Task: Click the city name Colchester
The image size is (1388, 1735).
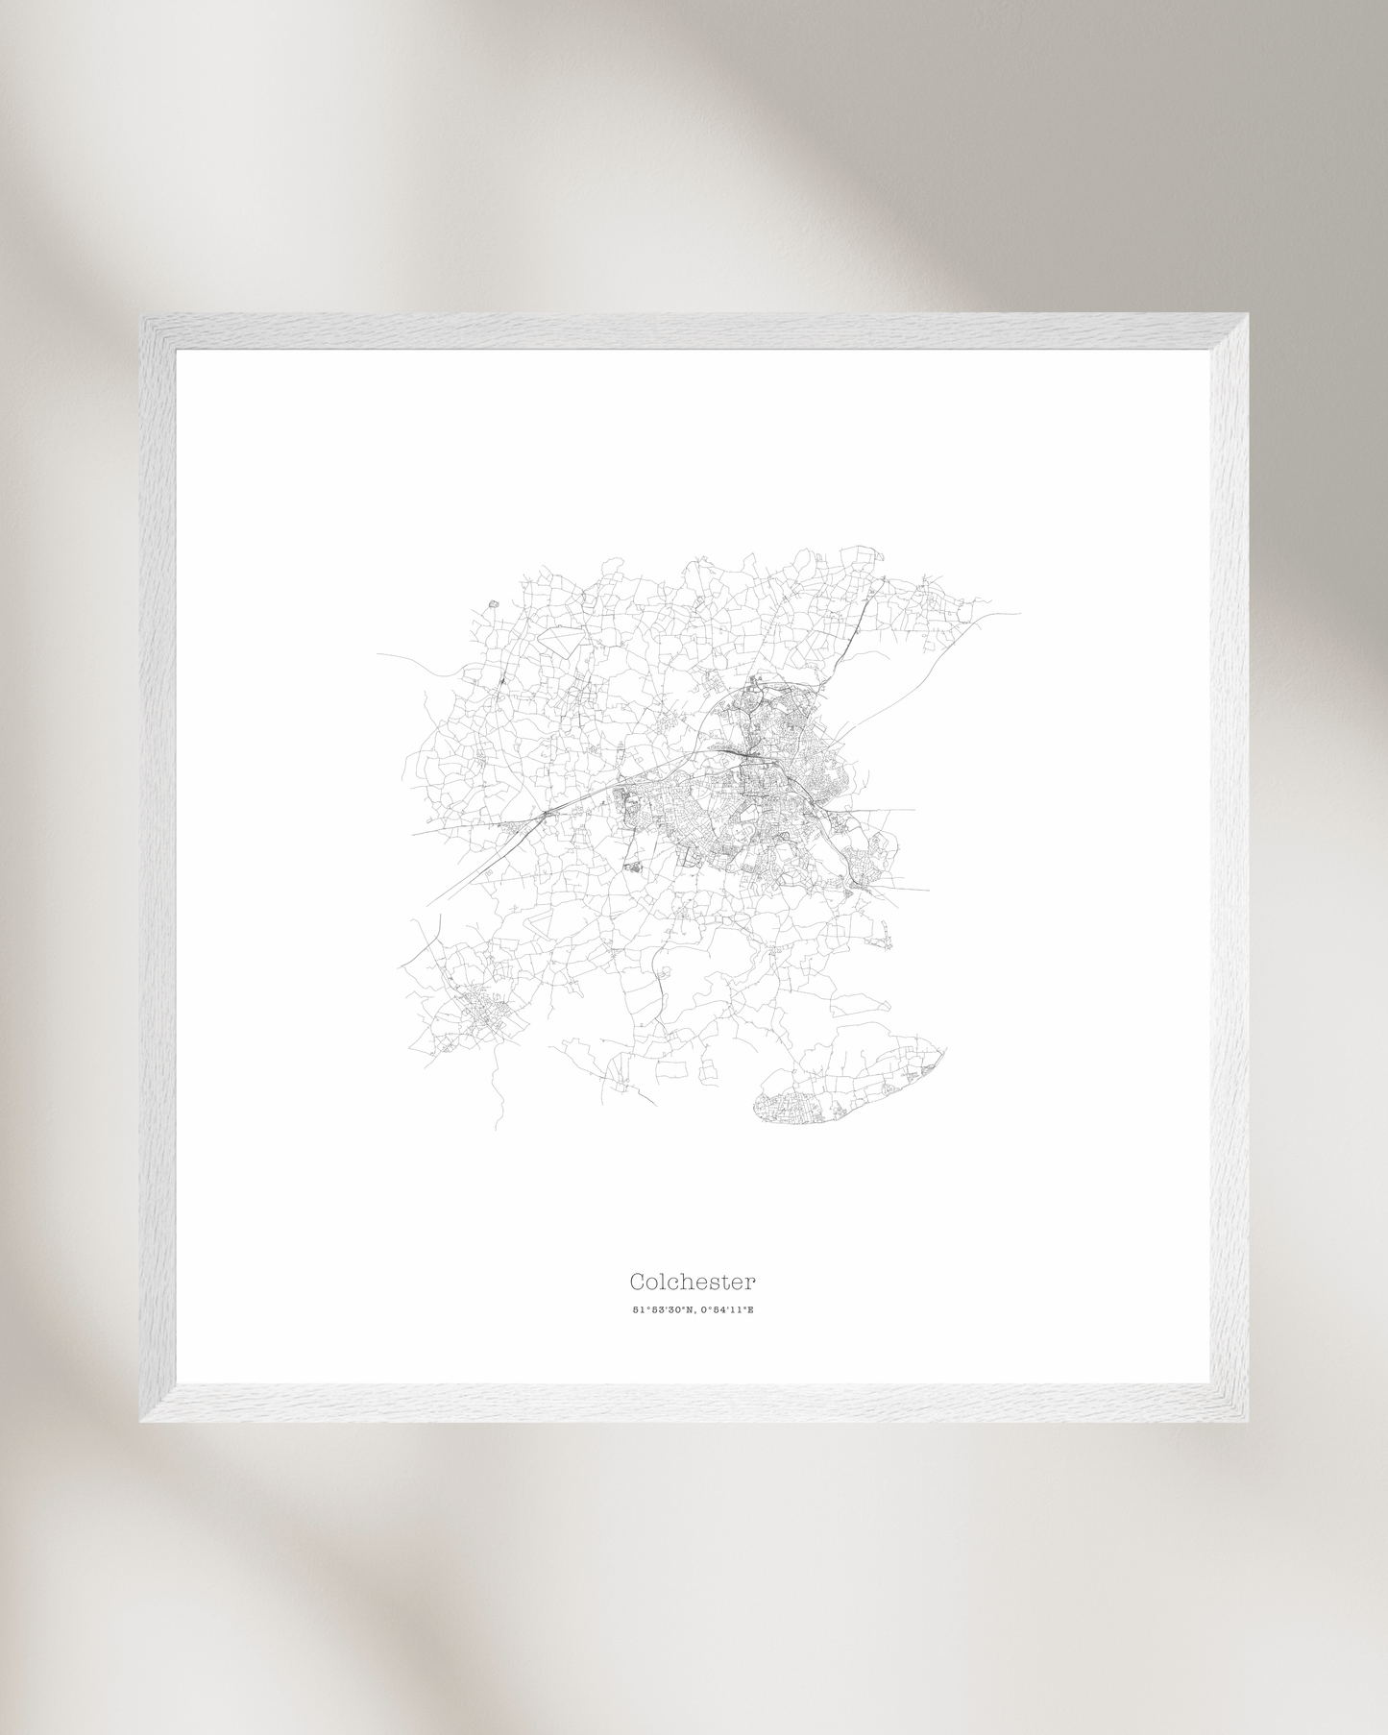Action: pos(693,1282)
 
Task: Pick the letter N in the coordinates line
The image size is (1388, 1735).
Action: pos(688,1310)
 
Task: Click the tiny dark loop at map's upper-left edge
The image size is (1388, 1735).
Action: pos(494,603)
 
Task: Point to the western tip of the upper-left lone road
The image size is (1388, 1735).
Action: pos(377,654)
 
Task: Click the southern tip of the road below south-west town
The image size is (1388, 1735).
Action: pos(497,1128)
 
